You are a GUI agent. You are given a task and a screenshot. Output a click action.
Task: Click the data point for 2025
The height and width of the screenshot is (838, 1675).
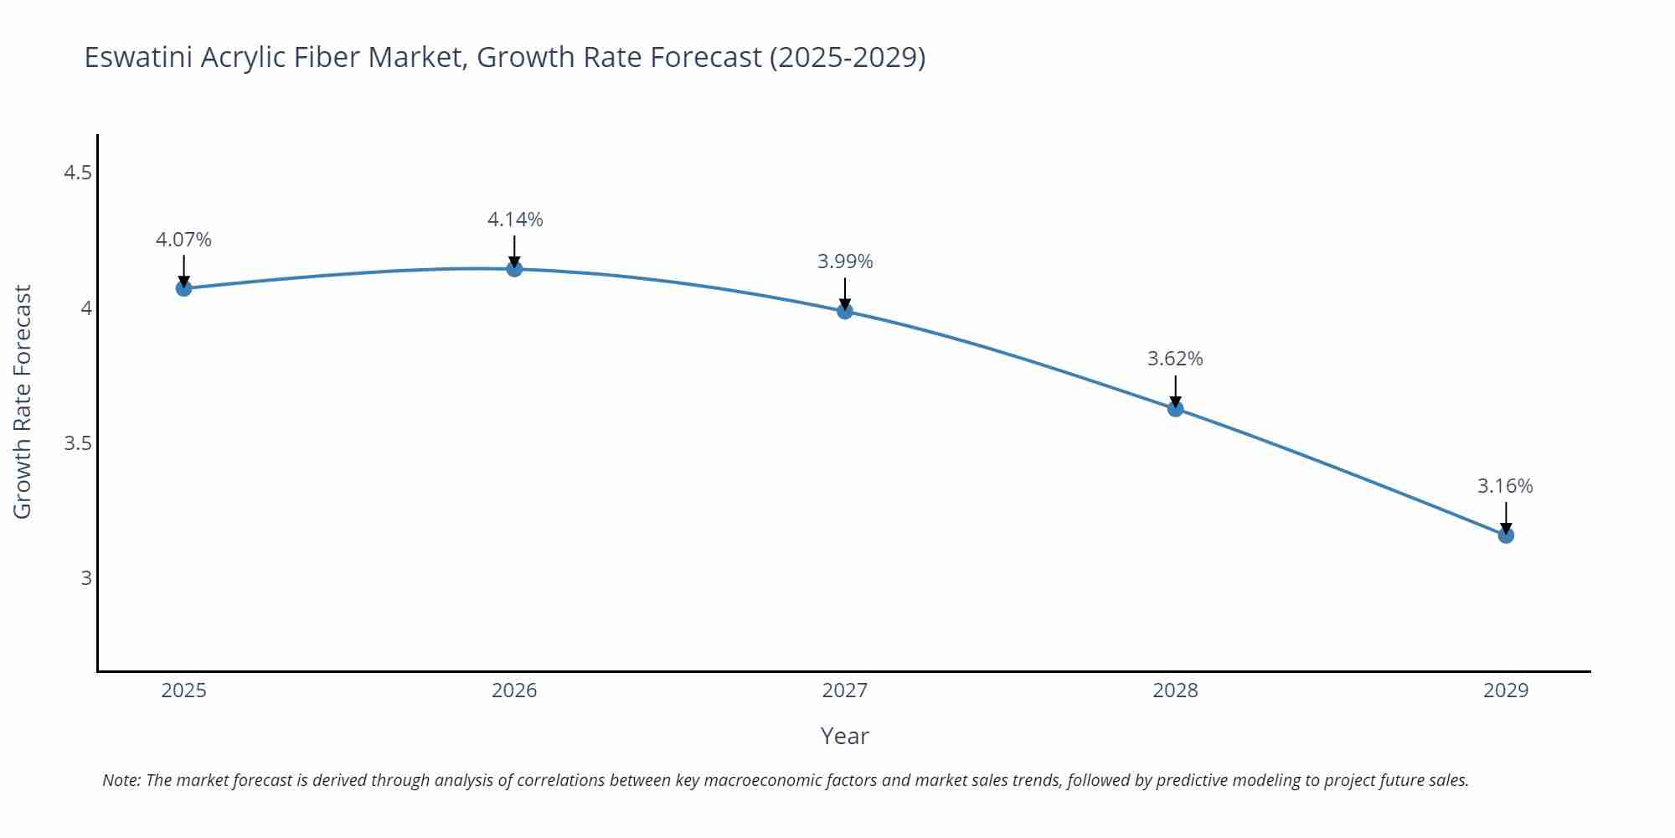click(x=183, y=288)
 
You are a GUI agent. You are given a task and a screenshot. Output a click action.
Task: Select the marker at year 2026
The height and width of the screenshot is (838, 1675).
click(x=514, y=269)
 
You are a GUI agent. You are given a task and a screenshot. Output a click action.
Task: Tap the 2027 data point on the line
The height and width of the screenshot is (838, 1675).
click(x=845, y=311)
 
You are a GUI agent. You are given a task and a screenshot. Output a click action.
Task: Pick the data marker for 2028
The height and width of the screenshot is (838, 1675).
click(x=1175, y=409)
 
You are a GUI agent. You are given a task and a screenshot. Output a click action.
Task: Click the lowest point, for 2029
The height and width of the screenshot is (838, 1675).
click(x=1506, y=535)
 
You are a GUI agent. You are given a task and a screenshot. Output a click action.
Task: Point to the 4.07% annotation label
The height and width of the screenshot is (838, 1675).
click(x=183, y=240)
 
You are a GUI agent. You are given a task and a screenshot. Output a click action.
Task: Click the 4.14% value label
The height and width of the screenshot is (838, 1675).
click(x=515, y=220)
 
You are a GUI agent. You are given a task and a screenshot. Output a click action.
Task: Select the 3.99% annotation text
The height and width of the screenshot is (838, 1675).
click(x=845, y=261)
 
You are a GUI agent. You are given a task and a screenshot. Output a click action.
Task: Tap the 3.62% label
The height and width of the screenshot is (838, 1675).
click(x=1175, y=359)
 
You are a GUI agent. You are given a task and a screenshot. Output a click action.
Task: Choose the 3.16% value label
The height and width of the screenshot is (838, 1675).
click(x=1505, y=486)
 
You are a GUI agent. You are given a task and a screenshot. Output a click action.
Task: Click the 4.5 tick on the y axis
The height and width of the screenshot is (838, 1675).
click(x=78, y=173)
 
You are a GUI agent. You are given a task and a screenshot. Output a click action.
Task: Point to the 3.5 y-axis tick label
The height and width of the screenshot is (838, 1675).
click(x=78, y=443)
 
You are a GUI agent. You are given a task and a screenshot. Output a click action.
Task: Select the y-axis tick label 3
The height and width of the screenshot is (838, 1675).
click(x=85, y=578)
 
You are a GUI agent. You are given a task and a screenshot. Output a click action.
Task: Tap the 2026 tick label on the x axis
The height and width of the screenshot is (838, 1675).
click(x=514, y=691)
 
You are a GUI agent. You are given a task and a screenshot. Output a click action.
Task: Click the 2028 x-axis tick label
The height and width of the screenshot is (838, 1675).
click(x=1175, y=691)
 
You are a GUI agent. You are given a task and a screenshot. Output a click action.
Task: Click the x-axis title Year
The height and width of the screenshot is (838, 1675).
click(x=844, y=736)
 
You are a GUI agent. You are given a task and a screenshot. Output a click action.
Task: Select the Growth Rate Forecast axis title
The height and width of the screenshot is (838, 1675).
click(x=23, y=401)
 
